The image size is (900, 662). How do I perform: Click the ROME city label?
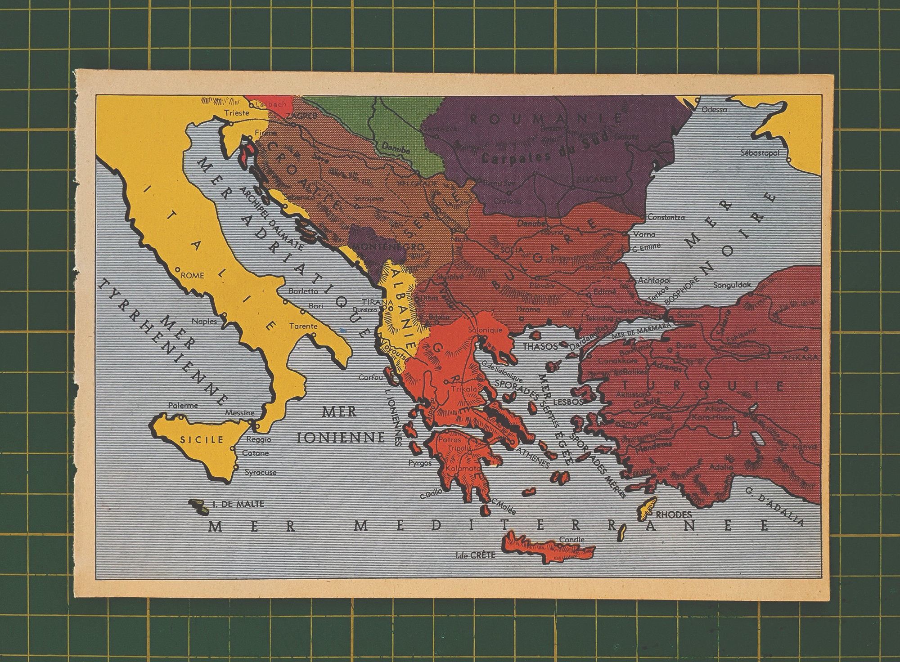tap(192, 276)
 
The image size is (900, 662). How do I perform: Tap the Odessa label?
tap(714, 109)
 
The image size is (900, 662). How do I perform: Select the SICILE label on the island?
tap(202, 439)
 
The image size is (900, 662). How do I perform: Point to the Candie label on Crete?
tap(572, 540)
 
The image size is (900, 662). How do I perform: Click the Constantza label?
tap(666, 217)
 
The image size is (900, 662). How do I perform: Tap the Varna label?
tap(644, 234)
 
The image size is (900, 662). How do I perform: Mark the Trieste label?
tap(236, 113)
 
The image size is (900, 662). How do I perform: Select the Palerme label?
tap(183, 405)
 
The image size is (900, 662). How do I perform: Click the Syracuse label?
tap(260, 472)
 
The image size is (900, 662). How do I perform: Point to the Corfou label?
tap(371, 378)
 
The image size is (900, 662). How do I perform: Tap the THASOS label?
tap(540, 346)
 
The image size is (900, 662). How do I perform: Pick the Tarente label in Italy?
tap(303, 326)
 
